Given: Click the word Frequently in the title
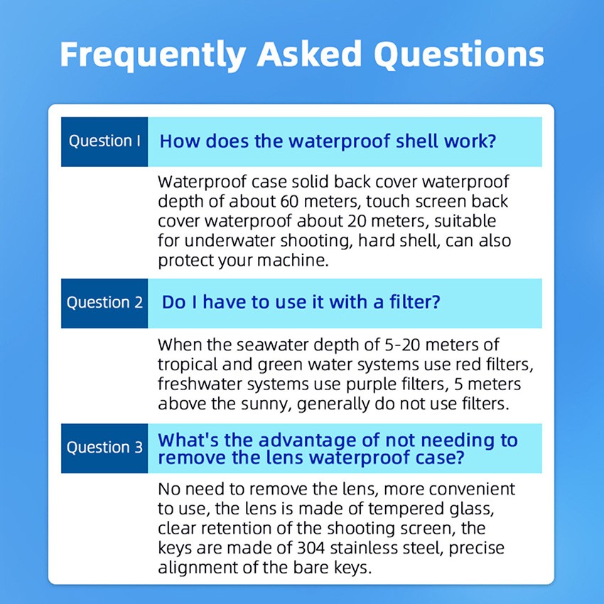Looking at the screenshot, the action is click(x=153, y=54).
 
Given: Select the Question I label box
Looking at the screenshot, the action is click(x=104, y=141).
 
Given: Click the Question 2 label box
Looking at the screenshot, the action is click(x=104, y=303).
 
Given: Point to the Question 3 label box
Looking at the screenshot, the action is click(x=104, y=448).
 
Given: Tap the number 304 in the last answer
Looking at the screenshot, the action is click(x=311, y=548).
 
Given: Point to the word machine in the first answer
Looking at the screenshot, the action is click(x=292, y=260).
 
